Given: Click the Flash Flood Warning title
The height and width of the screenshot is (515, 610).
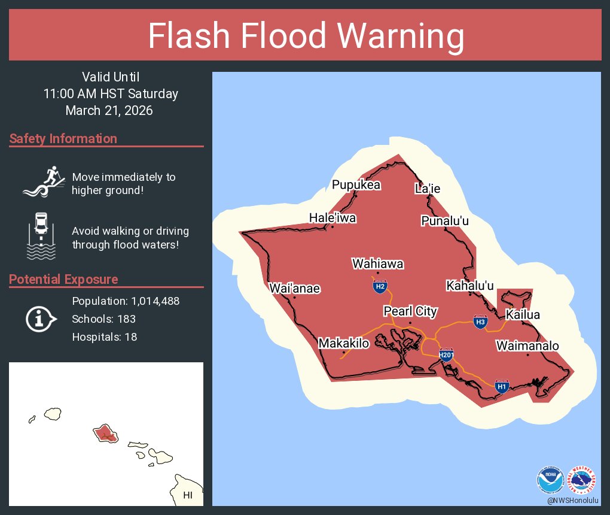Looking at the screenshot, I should [x=306, y=37].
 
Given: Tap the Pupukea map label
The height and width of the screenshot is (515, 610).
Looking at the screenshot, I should [x=356, y=185].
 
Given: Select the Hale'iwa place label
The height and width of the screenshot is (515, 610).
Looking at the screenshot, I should [x=333, y=218].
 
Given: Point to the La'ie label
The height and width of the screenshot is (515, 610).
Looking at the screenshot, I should [x=428, y=189].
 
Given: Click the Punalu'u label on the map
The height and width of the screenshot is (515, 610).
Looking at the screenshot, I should [x=444, y=222].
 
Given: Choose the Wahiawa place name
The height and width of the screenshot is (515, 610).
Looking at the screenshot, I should [x=377, y=263].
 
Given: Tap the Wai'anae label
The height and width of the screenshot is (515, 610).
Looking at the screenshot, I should [x=294, y=288].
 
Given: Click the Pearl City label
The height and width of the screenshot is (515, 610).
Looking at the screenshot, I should [x=410, y=311].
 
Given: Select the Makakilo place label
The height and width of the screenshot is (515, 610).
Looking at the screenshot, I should [x=344, y=343].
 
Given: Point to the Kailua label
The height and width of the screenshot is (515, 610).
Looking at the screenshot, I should [x=523, y=314].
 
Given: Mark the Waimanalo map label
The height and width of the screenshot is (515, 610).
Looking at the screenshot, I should [x=527, y=346].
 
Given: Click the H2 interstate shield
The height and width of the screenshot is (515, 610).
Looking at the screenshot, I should [x=379, y=286].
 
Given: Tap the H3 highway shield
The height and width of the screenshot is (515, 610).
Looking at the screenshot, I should [x=480, y=322].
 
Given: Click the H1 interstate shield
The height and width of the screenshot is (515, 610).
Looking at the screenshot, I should [x=502, y=386].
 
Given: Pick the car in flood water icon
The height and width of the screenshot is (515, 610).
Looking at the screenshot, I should [x=41, y=235].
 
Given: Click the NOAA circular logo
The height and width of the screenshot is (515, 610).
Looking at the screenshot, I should [x=550, y=480].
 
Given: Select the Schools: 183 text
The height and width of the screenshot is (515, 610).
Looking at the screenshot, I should [x=103, y=319].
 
